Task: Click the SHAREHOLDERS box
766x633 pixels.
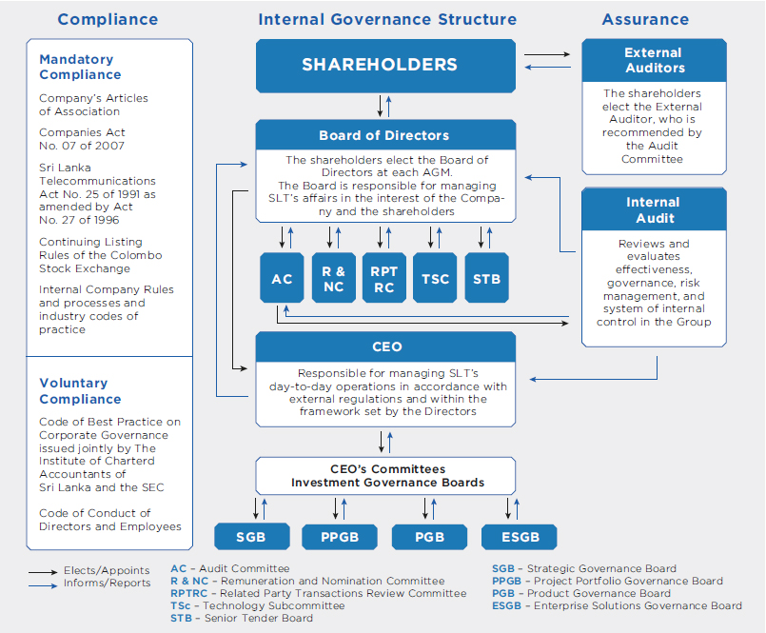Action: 385,66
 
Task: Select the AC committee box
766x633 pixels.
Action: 282,278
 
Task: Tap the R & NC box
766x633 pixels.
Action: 334,278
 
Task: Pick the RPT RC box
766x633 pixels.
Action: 384,278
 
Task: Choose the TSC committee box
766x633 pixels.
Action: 435,278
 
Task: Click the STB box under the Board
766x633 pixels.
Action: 486,278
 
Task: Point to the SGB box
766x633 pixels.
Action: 251,537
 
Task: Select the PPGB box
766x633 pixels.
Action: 340,537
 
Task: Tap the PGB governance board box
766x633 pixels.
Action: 429,537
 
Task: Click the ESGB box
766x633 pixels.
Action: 520,537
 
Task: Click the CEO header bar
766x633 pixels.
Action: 385,347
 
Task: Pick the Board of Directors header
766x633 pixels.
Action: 385,135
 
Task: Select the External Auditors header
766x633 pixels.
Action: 654,61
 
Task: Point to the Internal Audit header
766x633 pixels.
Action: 654,209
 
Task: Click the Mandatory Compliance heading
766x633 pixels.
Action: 80,67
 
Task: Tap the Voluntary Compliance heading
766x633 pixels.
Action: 80,391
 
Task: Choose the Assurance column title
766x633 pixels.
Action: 645,19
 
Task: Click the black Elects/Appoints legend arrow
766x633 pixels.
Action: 43,572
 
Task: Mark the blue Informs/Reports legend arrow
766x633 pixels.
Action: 43,585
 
